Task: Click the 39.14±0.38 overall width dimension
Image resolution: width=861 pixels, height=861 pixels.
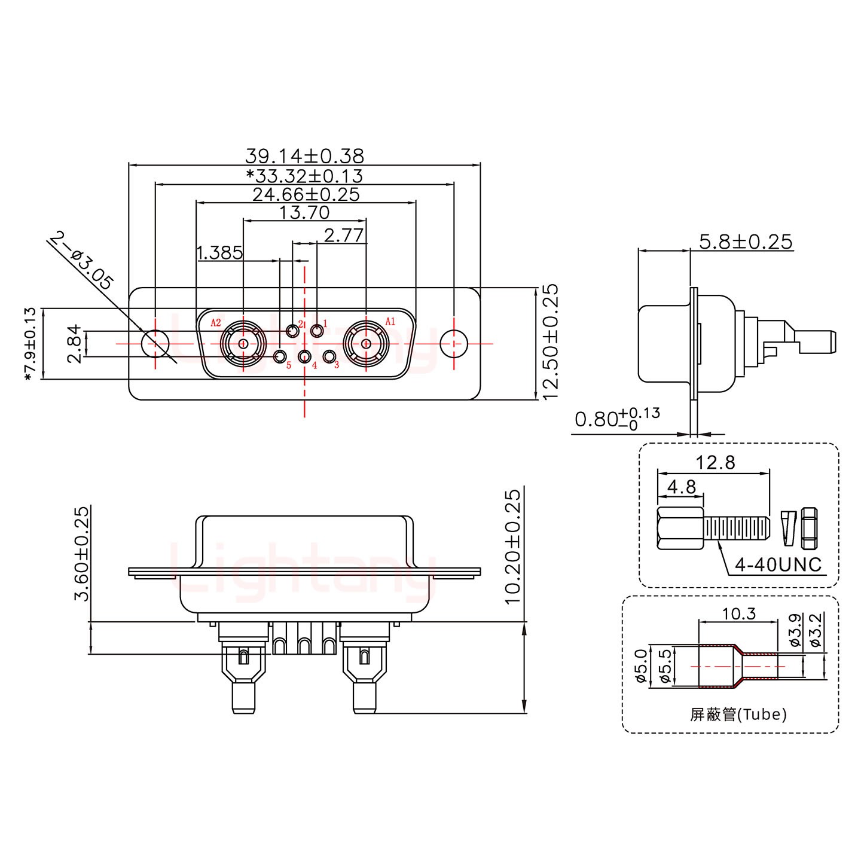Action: tap(304, 157)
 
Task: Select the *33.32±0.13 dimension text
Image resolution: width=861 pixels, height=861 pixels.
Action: tap(304, 176)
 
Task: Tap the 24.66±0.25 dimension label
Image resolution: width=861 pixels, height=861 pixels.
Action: tap(306, 194)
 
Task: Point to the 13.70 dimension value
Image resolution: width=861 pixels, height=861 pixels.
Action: tap(305, 212)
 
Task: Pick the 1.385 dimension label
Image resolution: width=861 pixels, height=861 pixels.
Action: tap(220, 253)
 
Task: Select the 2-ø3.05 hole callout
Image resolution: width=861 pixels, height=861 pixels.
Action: tap(81, 261)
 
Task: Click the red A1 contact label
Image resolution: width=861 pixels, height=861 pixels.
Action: tap(390, 322)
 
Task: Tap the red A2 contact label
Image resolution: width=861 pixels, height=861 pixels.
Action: tap(216, 323)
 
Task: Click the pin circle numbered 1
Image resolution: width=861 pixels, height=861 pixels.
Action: tap(317, 331)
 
